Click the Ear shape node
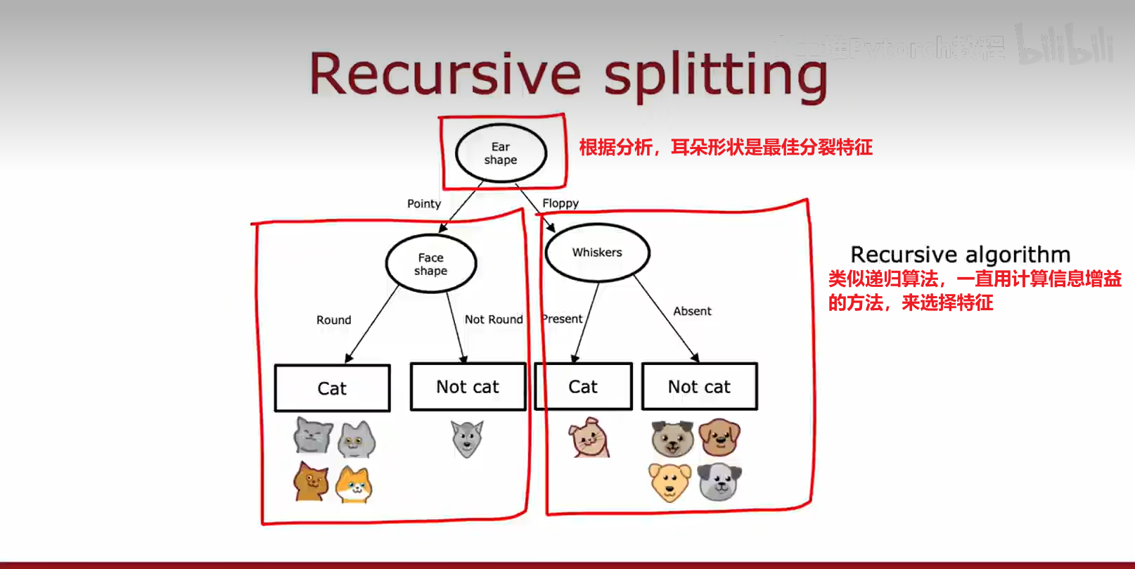(x=501, y=153)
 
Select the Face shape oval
(x=431, y=264)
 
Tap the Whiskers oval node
(x=597, y=252)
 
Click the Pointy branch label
(x=424, y=203)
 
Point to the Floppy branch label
(x=560, y=203)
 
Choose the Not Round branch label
(x=494, y=319)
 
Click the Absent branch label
(x=692, y=311)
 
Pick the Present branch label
(x=563, y=319)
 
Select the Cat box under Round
(x=332, y=388)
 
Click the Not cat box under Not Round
(x=468, y=387)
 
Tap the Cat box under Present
(x=583, y=387)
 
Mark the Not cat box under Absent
(x=699, y=387)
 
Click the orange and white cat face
(x=354, y=485)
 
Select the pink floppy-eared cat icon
(x=589, y=437)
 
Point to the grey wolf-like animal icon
(x=467, y=438)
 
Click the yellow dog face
(x=669, y=482)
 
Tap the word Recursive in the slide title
(x=445, y=74)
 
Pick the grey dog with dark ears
(x=719, y=481)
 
